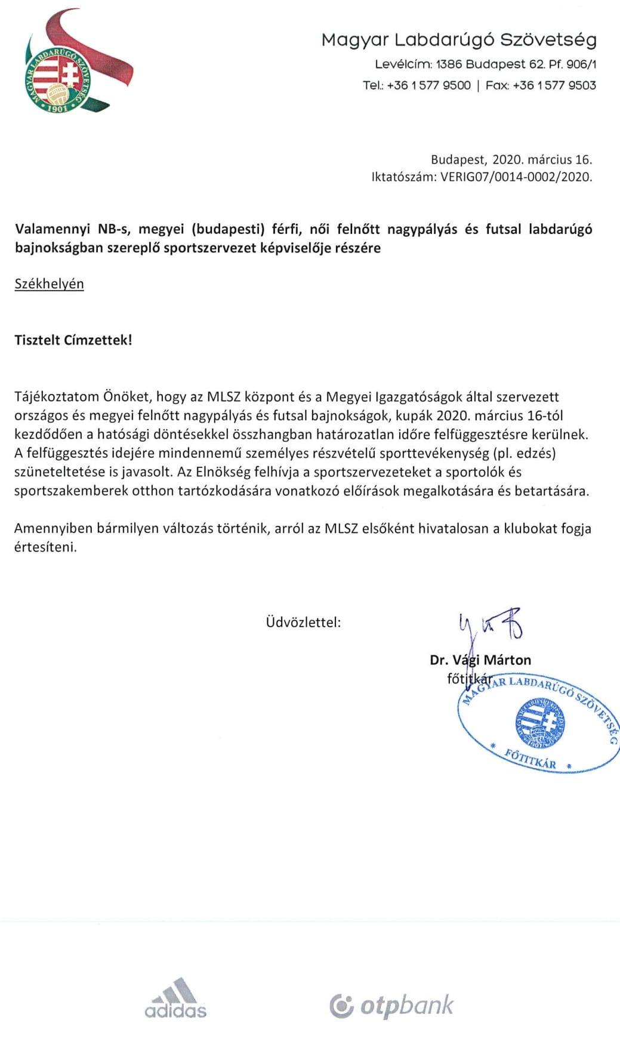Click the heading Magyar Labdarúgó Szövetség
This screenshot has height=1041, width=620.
(x=458, y=40)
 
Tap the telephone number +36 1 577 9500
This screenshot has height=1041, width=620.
(x=428, y=85)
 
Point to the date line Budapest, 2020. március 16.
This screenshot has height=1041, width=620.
(x=511, y=159)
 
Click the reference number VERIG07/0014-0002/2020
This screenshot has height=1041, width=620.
(x=516, y=177)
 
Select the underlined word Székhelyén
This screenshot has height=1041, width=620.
(x=49, y=284)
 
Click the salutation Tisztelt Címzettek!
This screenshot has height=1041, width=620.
(x=73, y=340)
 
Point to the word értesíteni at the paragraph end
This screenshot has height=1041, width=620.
(x=45, y=547)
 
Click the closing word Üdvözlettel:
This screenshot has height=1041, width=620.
(x=303, y=622)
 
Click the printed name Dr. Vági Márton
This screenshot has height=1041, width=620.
(x=480, y=660)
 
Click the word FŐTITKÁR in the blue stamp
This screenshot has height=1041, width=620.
(x=530, y=759)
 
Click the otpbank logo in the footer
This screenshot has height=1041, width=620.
(x=391, y=1005)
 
